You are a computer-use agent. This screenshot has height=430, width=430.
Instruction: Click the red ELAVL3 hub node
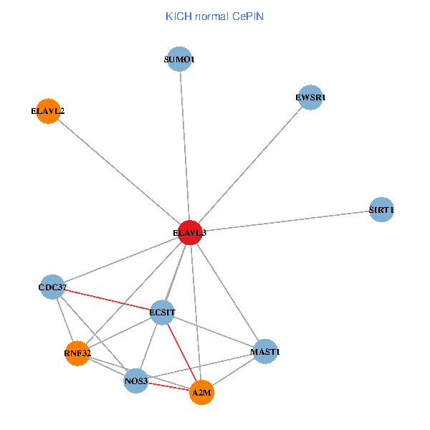(x=188, y=232)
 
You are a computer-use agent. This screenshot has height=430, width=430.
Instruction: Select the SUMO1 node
(x=179, y=59)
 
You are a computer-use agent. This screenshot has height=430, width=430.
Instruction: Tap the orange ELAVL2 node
(x=48, y=111)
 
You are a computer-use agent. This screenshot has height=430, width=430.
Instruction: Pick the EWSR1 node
(x=310, y=97)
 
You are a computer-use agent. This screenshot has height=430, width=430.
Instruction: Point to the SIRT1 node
(x=381, y=210)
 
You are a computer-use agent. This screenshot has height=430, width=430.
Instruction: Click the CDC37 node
(x=53, y=287)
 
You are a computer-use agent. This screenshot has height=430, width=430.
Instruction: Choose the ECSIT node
(x=163, y=312)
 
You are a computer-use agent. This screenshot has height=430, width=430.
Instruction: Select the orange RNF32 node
(x=77, y=353)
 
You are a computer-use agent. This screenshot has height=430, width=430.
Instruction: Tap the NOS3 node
(x=136, y=381)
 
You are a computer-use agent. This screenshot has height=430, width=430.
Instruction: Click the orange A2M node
(x=202, y=392)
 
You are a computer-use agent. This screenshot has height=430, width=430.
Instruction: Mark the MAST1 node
(x=265, y=352)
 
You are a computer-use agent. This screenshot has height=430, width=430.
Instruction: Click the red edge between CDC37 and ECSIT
(x=107, y=300)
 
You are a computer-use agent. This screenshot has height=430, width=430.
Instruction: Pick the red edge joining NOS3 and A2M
(x=169, y=386)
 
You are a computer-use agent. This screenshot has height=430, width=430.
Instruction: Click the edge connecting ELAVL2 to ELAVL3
(x=118, y=172)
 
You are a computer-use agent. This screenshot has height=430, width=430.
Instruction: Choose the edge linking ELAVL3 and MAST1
(x=226, y=292)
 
